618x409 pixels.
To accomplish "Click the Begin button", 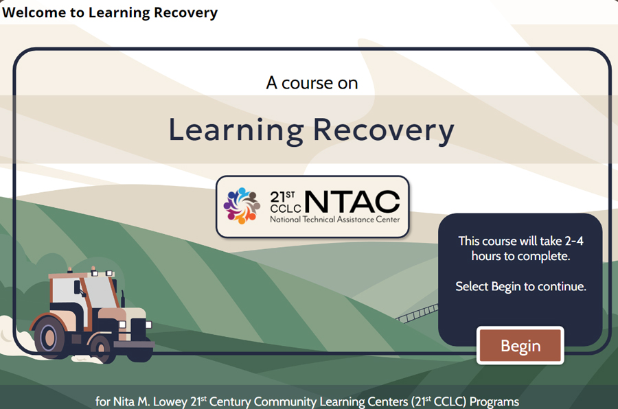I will coord(520,346).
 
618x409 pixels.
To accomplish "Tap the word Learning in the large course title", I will coord(236,130).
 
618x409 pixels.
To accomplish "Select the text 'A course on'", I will coord(312,83).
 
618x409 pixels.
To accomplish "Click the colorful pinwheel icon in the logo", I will coord(242,205).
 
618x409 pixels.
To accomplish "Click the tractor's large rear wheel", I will coord(49,337).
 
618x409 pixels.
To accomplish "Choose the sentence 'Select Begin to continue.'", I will coord(520,286).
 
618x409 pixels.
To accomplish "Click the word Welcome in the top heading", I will coord(34,12).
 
